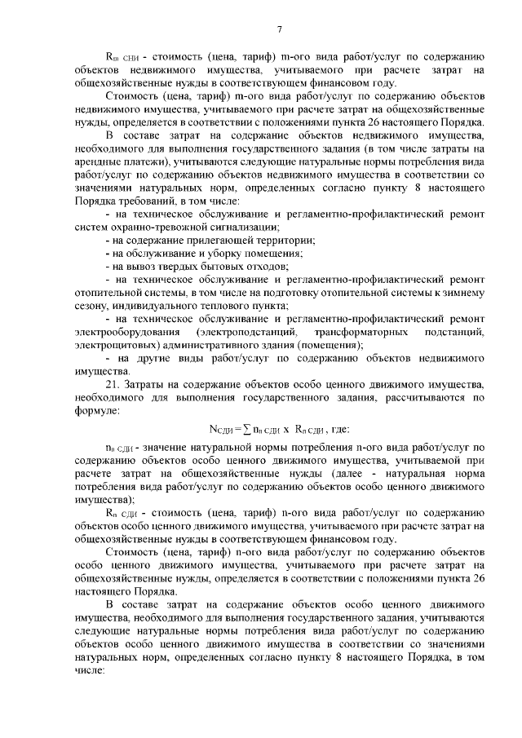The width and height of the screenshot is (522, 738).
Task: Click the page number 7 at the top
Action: [279, 30]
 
